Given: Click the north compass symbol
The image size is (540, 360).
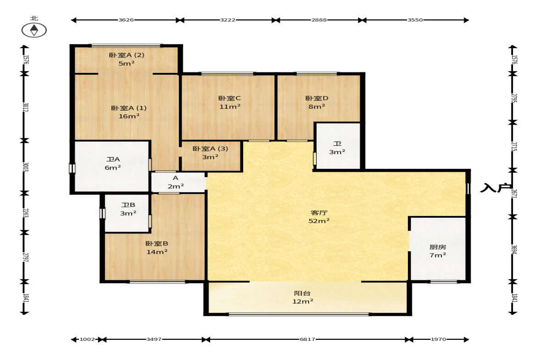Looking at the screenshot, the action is click(34, 30).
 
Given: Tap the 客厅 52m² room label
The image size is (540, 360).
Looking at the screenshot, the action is click(319, 217).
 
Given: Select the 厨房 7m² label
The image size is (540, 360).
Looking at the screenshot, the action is click(438, 251).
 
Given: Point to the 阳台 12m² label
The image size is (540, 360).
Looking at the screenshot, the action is click(303, 297).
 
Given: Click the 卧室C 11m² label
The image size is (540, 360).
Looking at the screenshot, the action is click(230, 103).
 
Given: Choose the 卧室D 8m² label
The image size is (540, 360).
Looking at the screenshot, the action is click(317, 103).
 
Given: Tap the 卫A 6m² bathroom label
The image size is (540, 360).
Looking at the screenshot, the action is click(113, 163).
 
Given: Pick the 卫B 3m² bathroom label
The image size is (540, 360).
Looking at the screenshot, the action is click(128, 209).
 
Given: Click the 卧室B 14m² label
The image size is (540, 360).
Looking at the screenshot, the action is click(157, 248).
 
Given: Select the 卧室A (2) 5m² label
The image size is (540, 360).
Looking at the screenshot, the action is click(126, 59).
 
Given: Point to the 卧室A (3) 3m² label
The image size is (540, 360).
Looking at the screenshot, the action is click(210, 153).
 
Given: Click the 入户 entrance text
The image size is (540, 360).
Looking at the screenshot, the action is click(495, 188).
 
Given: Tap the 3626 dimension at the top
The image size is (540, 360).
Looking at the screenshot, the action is click(126, 20).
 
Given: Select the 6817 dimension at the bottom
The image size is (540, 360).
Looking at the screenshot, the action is click(307, 339).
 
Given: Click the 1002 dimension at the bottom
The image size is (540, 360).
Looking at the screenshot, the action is click(87, 339).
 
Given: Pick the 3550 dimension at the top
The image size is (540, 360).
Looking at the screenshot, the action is click(415, 20).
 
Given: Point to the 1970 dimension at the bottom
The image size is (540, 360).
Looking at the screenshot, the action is click(439, 339).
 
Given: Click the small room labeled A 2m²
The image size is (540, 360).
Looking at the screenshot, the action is click(176, 183).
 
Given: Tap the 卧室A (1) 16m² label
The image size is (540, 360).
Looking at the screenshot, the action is click(129, 112).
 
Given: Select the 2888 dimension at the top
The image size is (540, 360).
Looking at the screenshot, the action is click(319, 20).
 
